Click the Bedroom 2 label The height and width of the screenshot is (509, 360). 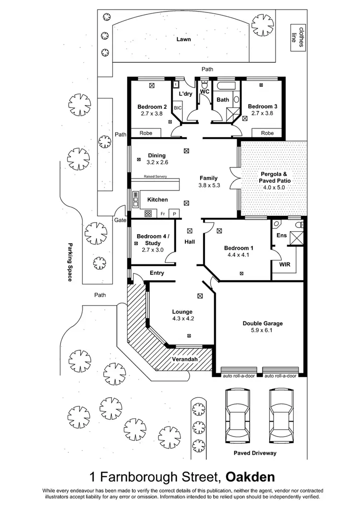152,107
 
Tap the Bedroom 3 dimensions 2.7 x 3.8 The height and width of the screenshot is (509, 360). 262,114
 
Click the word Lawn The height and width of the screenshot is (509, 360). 182,40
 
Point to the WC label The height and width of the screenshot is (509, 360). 204,91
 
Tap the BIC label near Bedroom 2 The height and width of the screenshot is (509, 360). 177,108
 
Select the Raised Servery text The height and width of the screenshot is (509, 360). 155,177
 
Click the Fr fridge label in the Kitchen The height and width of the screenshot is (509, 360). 163,213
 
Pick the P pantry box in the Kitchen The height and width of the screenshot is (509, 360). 175,213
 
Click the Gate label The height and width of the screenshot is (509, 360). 120,220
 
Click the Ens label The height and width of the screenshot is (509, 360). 281,236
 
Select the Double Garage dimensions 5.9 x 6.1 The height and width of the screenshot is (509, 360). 263,331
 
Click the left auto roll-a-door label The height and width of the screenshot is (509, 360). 239,376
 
